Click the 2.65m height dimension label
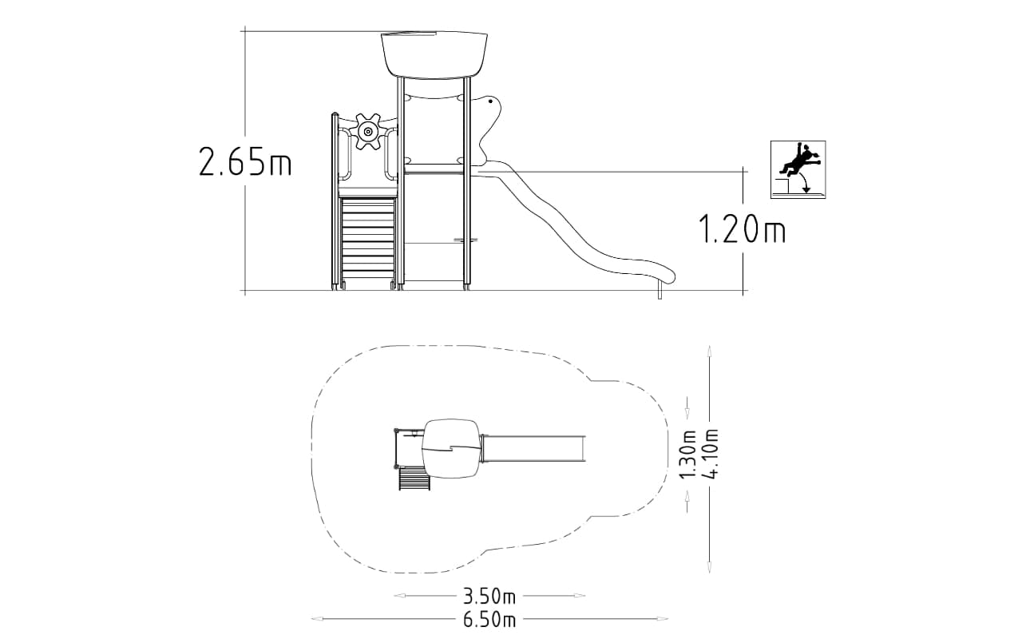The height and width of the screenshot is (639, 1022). (245, 161)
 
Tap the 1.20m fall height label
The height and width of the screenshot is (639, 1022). (743, 228)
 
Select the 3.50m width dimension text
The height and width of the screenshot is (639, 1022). (489, 596)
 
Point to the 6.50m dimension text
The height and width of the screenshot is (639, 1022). (489, 619)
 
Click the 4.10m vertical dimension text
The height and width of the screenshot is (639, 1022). (711, 453)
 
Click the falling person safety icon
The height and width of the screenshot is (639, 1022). (798, 169)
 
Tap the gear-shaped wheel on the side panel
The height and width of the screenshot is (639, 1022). (368, 132)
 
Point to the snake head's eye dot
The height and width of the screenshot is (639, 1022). (490, 101)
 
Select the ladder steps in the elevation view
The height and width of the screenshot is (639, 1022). (368, 240)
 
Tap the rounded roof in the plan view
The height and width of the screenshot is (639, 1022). (451, 448)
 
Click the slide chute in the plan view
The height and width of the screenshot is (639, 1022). (533, 448)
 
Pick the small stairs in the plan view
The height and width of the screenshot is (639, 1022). (414, 478)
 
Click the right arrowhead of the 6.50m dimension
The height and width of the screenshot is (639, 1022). (663, 619)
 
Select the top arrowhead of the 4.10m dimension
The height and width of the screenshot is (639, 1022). (709, 352)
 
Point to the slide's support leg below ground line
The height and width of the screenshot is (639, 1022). (660, 290)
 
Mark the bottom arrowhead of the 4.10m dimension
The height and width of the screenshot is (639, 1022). (709, 566)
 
